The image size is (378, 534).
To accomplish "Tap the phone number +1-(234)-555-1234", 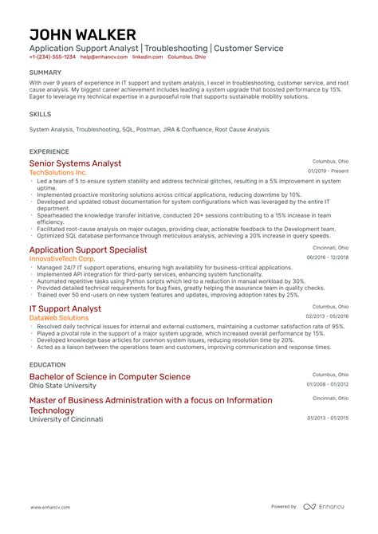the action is coord(53,57).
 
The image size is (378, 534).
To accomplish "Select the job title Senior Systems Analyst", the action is coord(75,163).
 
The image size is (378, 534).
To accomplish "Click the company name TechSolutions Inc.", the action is coord(58,172).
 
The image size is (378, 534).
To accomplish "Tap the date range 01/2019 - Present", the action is coord(328,171).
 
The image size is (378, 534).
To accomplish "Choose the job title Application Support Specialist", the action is coord(88,249).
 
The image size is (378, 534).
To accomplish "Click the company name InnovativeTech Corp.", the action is coord(61,259).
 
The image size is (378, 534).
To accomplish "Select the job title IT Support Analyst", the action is coord(65,308).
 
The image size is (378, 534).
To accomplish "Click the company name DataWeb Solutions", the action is coord(59,317).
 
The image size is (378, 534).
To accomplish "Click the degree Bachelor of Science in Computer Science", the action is coord(109,376).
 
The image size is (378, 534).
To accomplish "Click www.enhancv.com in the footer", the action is coord(49,507).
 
